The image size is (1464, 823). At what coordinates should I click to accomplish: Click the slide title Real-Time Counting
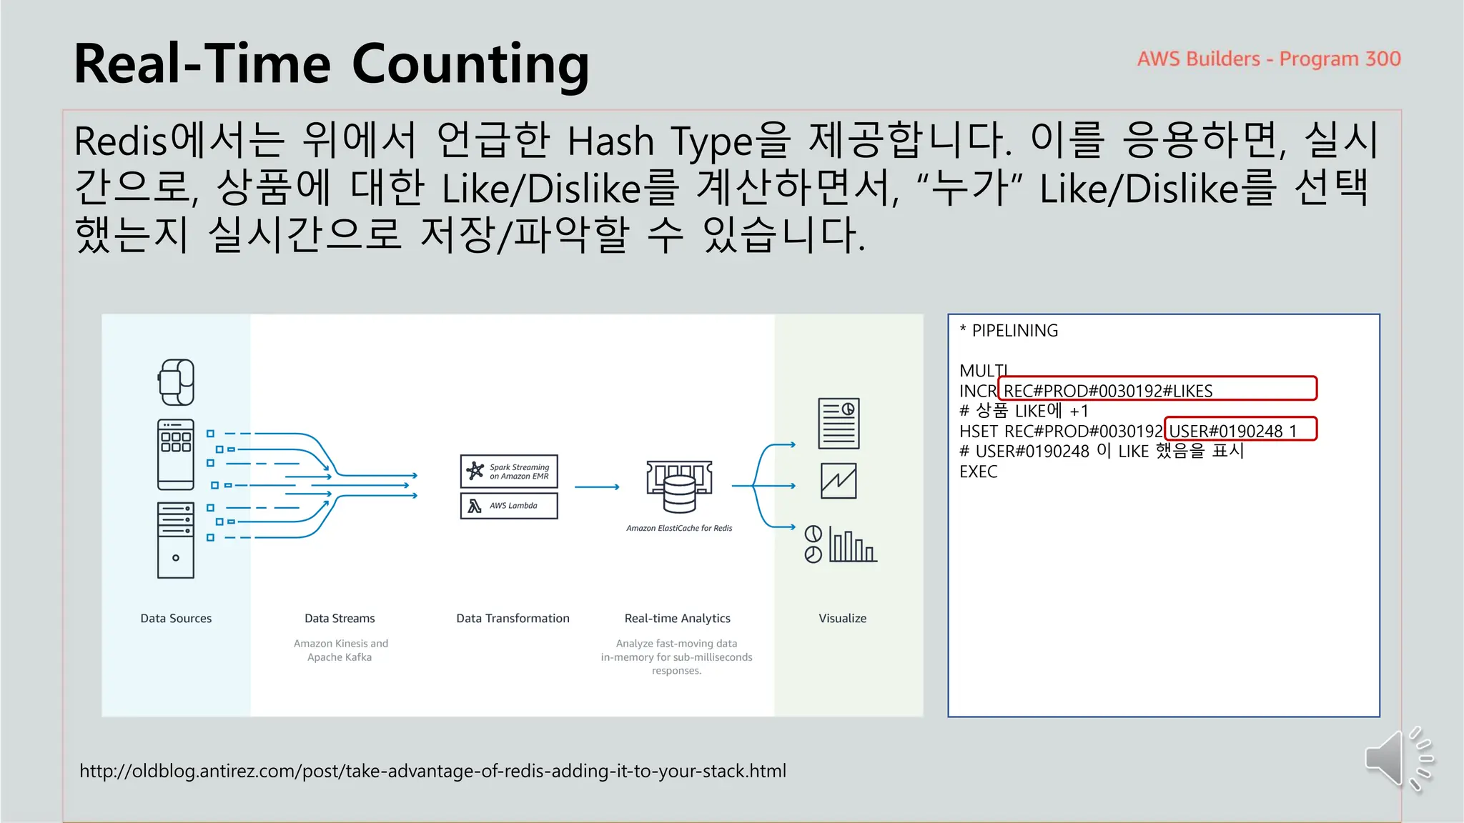[331, 64]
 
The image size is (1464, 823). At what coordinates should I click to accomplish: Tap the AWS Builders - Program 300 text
[1268, 59]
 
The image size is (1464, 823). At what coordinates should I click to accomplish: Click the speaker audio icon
[1397, 759]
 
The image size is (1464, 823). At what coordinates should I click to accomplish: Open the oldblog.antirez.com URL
[432, 771]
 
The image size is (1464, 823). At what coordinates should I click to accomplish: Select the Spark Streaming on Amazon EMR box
[509, 472]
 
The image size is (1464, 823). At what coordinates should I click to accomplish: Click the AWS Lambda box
[509, 506]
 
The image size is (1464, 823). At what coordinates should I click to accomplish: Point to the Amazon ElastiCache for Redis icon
[679, 487]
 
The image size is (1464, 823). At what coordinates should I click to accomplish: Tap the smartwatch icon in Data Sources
[176, 382]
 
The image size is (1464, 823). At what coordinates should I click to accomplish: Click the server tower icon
[176, 540]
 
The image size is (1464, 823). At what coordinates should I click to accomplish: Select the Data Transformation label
[513, 619]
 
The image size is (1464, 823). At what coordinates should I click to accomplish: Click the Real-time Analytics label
[677, 619]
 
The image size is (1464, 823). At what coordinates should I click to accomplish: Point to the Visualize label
[842, 619]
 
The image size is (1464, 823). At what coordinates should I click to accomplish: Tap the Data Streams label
[340, 619]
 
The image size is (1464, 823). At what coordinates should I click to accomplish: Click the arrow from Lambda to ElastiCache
[597, 487]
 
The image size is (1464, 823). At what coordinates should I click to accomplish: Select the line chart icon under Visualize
[839, 481]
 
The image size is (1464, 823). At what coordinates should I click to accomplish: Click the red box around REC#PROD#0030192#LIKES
[1157, 388]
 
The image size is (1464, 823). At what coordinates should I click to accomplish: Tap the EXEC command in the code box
[978, 472]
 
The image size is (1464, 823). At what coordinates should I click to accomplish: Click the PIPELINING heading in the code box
[1014, 331]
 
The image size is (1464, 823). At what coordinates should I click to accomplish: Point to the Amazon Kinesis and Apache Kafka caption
[340, 650]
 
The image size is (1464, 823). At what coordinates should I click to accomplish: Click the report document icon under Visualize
[839, 423]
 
